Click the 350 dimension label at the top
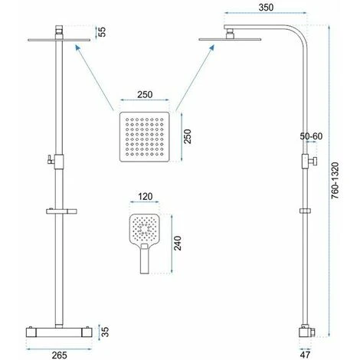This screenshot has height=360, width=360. pyautogui.click(x=266, y=7)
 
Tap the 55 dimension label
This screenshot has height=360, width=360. pyautogui.click(x=102, y=32)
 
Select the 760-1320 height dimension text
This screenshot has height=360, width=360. pyautogui.click(x=335, y=180)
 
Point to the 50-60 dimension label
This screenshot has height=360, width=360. pyautogui.click(x=311, y=136)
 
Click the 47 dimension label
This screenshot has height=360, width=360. pyautogui.click(x=305, y=355)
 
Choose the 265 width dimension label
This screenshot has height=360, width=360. pyautogui.click(x=59, y=355)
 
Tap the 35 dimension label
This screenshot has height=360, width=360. pyautogui.click(x=105, y=332)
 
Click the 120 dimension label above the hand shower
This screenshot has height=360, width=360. pyautogui.click(x=146, y=197)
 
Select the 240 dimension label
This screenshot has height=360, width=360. pyautogui.click(x=178, y=243)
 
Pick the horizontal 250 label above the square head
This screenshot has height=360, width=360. pyautogui.click(x=145, y=94)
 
